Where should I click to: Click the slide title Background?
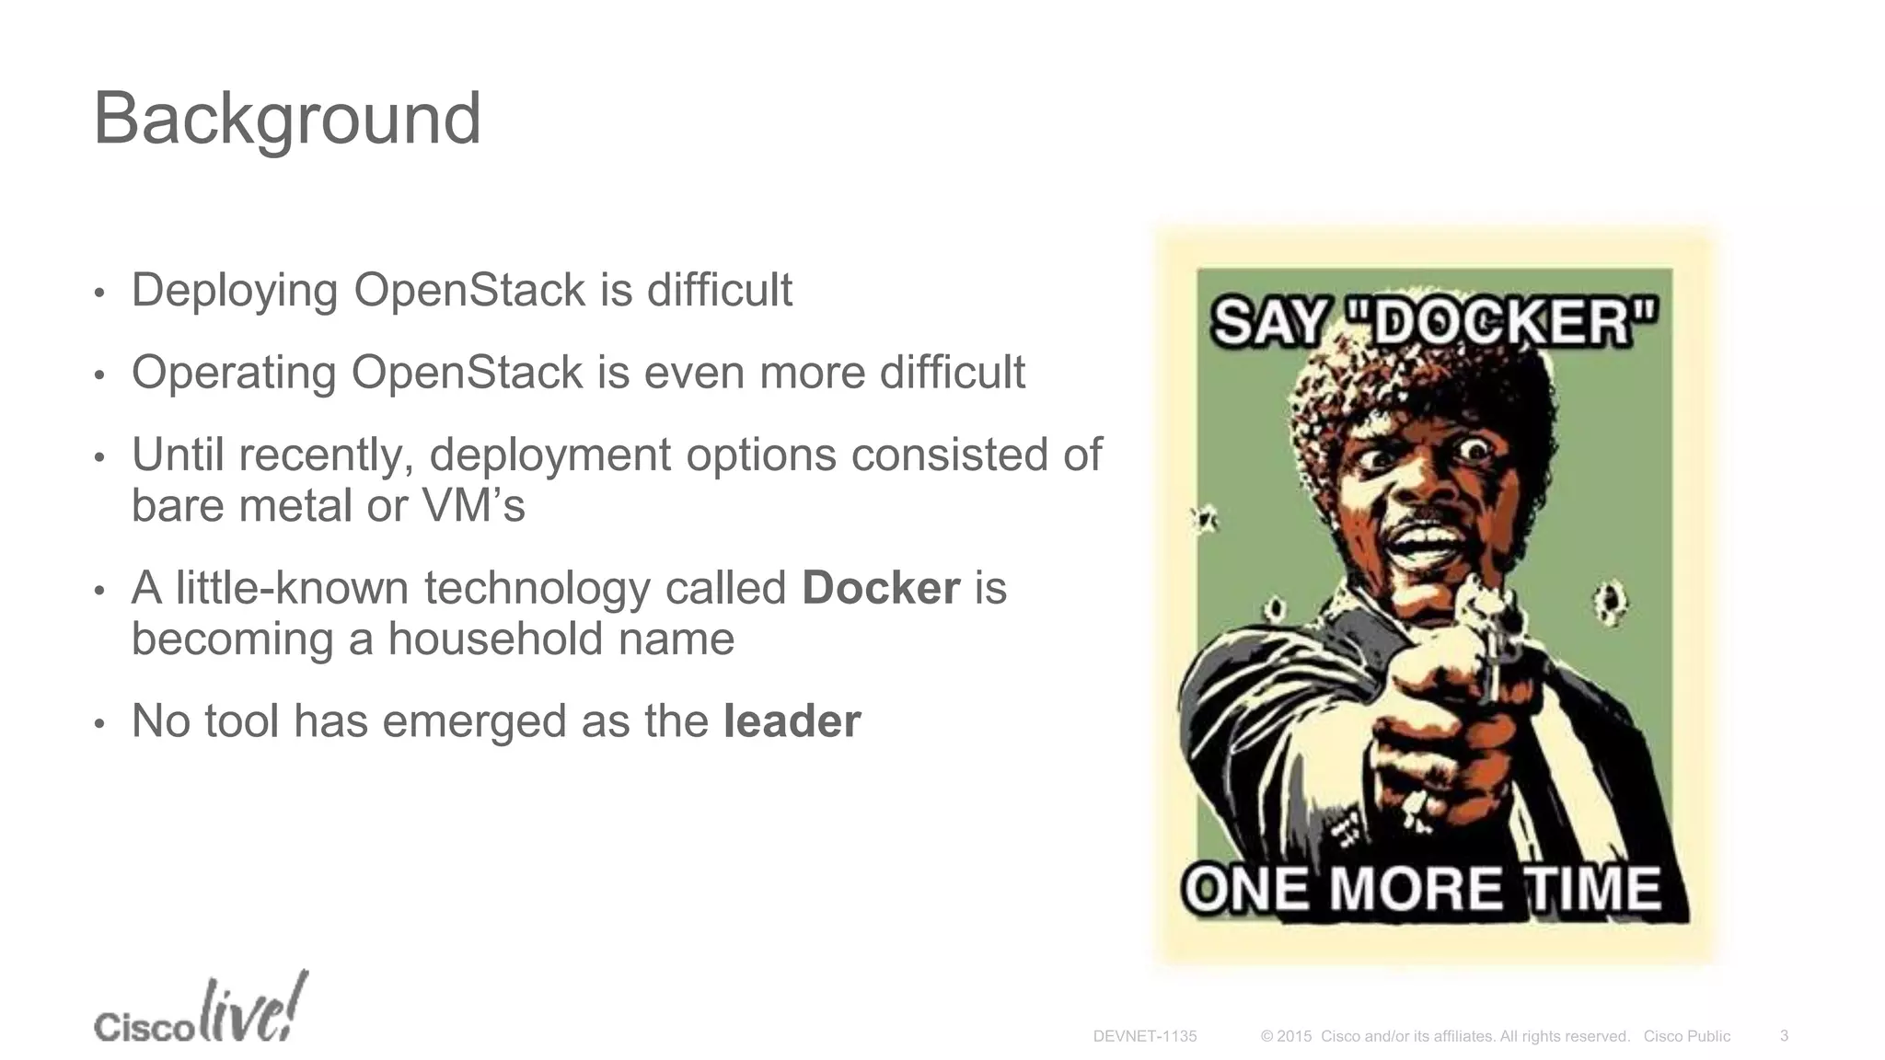[286, 120]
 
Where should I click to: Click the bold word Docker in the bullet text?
[880, 588]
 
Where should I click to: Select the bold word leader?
[792, 720]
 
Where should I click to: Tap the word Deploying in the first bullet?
[235, 291]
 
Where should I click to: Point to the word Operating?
[233, 374]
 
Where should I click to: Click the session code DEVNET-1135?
[1144, 1036]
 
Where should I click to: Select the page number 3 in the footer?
[1784, 1035]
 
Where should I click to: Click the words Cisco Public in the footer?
[1686, 1036]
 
